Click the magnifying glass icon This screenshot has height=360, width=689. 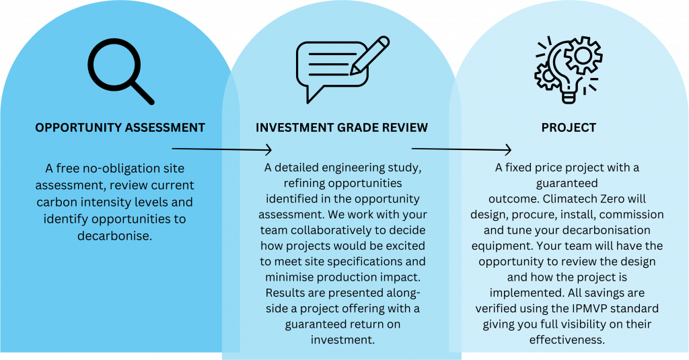[x=121, y=71]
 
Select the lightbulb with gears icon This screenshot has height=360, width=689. [x=568, y=71]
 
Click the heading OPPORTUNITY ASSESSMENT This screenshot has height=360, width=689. [x=120, y=128]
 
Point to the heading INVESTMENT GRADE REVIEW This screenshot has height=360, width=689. [x=342, y=128]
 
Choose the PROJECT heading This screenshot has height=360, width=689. [x=569, y=128]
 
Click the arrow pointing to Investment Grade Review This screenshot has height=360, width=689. [x=222, y=149]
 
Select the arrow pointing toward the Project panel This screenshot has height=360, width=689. [x=462, y=149]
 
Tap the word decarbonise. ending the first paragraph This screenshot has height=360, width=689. [x=114, y=236]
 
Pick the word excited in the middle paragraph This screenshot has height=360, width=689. [x=404, y=246]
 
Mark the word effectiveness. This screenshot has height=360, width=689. [x=567, y=340]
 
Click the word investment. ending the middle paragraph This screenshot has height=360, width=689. [x=342, y=340]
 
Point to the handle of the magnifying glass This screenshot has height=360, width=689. [x=142, y=92]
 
